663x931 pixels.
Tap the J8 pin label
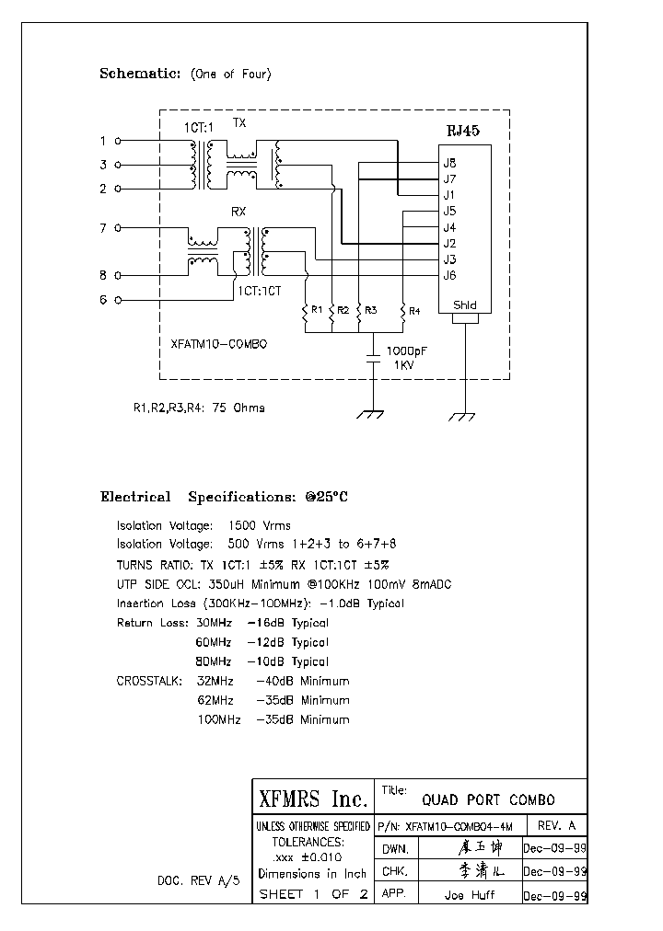pos(449,163)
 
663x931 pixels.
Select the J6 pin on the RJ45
pos(449,275)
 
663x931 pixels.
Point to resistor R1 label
pos(316,310)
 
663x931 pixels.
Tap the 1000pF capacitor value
pos(405,351)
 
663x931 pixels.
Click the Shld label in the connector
pos(465,305)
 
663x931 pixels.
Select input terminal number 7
pos(104,227)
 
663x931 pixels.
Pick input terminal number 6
pos(104,299)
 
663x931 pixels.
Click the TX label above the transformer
pos(238,122)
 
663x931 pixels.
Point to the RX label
pos(238,212)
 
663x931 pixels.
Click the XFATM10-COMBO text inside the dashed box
pos(219,342)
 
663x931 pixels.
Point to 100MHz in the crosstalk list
pos(219,719)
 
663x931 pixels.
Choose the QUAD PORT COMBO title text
pos(488,799)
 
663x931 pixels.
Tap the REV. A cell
pos(555,825)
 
